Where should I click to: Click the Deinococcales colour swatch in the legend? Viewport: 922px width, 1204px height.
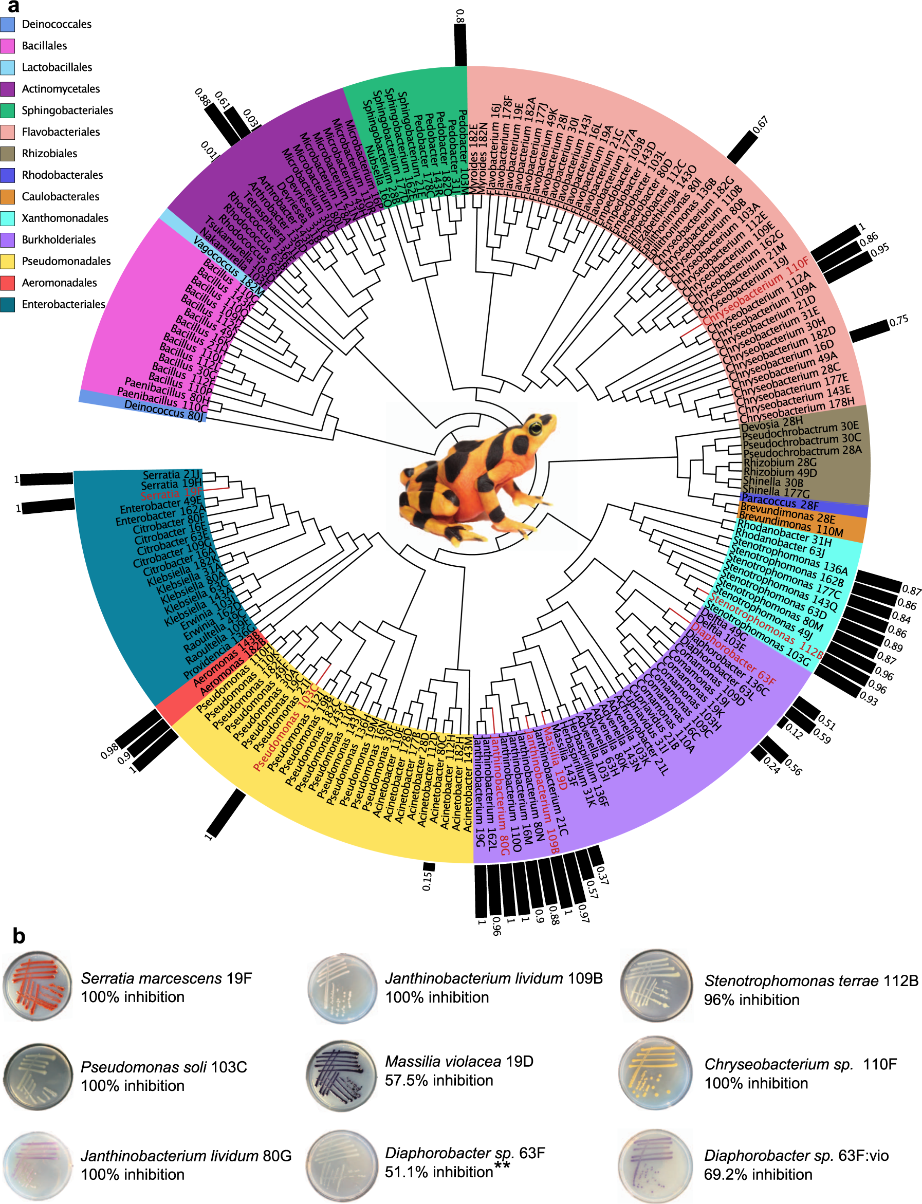tap(8, 24)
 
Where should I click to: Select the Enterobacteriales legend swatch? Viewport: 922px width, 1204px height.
tap(8, 305)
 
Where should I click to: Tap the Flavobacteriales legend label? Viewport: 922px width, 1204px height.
tap(60, 132)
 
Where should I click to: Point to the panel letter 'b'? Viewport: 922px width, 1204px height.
tap(19, 936)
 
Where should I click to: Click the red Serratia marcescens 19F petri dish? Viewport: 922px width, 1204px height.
tap(38, 987)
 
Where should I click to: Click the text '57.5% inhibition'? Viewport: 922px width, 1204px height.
tap(438, 1081)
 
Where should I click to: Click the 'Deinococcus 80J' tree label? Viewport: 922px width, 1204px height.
tap(163, 411)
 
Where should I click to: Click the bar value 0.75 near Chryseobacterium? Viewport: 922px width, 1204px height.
tap(898, 321)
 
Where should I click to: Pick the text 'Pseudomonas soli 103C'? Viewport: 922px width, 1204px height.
tap(163, 1067)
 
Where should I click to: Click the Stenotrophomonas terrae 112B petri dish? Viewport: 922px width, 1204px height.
tap(655, 986)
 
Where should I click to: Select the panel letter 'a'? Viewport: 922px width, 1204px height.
tap(13, 7)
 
